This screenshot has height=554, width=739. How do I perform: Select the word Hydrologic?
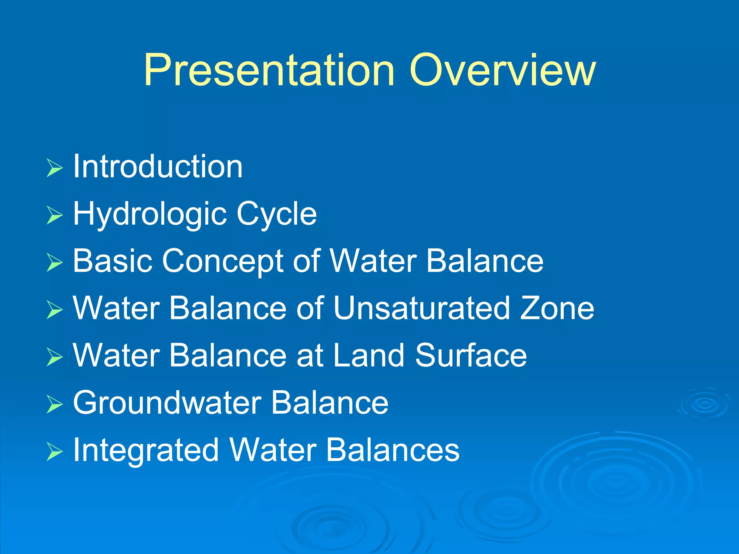(x=149, y=214)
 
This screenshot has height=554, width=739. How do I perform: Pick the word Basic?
(x=112, y=261)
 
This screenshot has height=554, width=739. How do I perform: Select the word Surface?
(x=471, y=355)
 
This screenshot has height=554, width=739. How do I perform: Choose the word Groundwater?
(x=167, y=403)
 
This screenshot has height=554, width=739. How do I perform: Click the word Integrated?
(x=146, y=450)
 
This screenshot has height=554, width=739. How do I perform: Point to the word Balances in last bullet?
(x=392, y=450)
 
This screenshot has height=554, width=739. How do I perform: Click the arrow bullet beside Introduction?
(x=54, y=168)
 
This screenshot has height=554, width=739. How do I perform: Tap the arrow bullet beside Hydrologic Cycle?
(x=54, y=215)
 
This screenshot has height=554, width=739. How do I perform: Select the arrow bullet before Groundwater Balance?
(x=54, y=404)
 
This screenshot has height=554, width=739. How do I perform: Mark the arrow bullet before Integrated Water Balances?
(x=54, y=452)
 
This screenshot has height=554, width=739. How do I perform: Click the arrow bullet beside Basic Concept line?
(x=54, y=263)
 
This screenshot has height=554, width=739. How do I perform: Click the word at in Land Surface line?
(x=309, y=356)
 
